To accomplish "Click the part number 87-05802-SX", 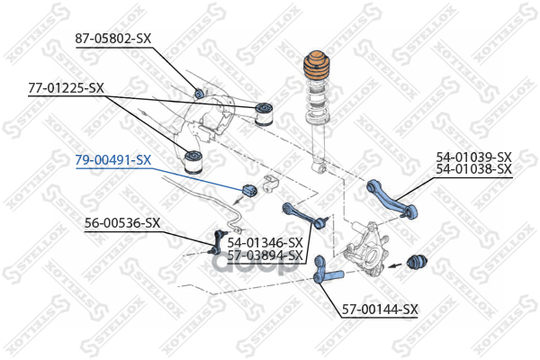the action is click(x=113, y=38).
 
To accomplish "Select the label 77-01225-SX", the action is click(x=66, y=88).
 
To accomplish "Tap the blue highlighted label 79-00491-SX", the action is click(x=113, y=160).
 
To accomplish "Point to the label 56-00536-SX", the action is click(x=122, y=223).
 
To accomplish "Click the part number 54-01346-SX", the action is click(x=265, y=243).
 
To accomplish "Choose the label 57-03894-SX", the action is click(x=265, y=256).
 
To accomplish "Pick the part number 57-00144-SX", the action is click(x=380, y=310).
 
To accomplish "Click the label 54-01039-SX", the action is click(x=474, y=157).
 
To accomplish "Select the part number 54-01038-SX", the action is click(x=474, y=169).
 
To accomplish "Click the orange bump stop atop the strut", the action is click(x=316, y=67).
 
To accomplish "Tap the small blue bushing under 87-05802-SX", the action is click(x=200, y=93).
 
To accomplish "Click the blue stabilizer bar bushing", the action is click(x=250, y=191).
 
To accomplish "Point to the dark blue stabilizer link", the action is click(x=217, y=241).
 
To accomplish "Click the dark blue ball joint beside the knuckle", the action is click(x=417, y=263).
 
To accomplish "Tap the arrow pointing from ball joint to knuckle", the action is click(x=395, y=265).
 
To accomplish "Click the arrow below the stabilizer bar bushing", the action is click(x=239, y=201).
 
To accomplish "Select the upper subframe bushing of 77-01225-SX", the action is click(x=264, y=113).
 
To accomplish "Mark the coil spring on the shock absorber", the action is click(x=317, y=103).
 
